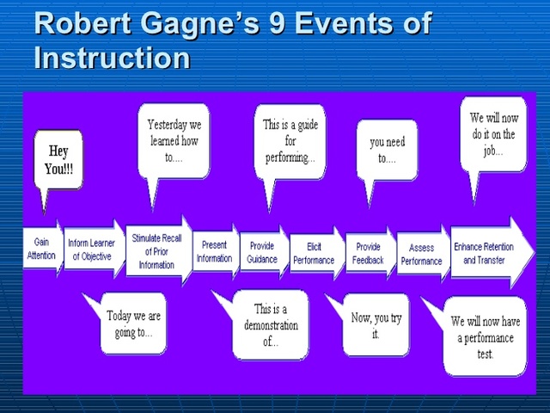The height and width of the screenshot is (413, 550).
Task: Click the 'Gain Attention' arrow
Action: coord(41,250)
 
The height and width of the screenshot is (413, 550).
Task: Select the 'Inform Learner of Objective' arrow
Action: coord(92,250)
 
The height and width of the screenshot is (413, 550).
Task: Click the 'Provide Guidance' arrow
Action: coord(263,252)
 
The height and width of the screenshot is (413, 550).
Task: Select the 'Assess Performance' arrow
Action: coord(422,254)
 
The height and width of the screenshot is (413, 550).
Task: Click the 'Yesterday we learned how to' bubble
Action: coord(174,139)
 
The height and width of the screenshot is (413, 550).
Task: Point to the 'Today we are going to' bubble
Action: coord(133,324)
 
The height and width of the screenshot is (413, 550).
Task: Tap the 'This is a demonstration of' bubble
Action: coord(271,324)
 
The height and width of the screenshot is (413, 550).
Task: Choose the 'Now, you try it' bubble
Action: coord(376,324)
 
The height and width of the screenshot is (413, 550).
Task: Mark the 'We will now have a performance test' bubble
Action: coord(485,335)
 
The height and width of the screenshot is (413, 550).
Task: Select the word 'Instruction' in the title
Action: coord(112,58)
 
